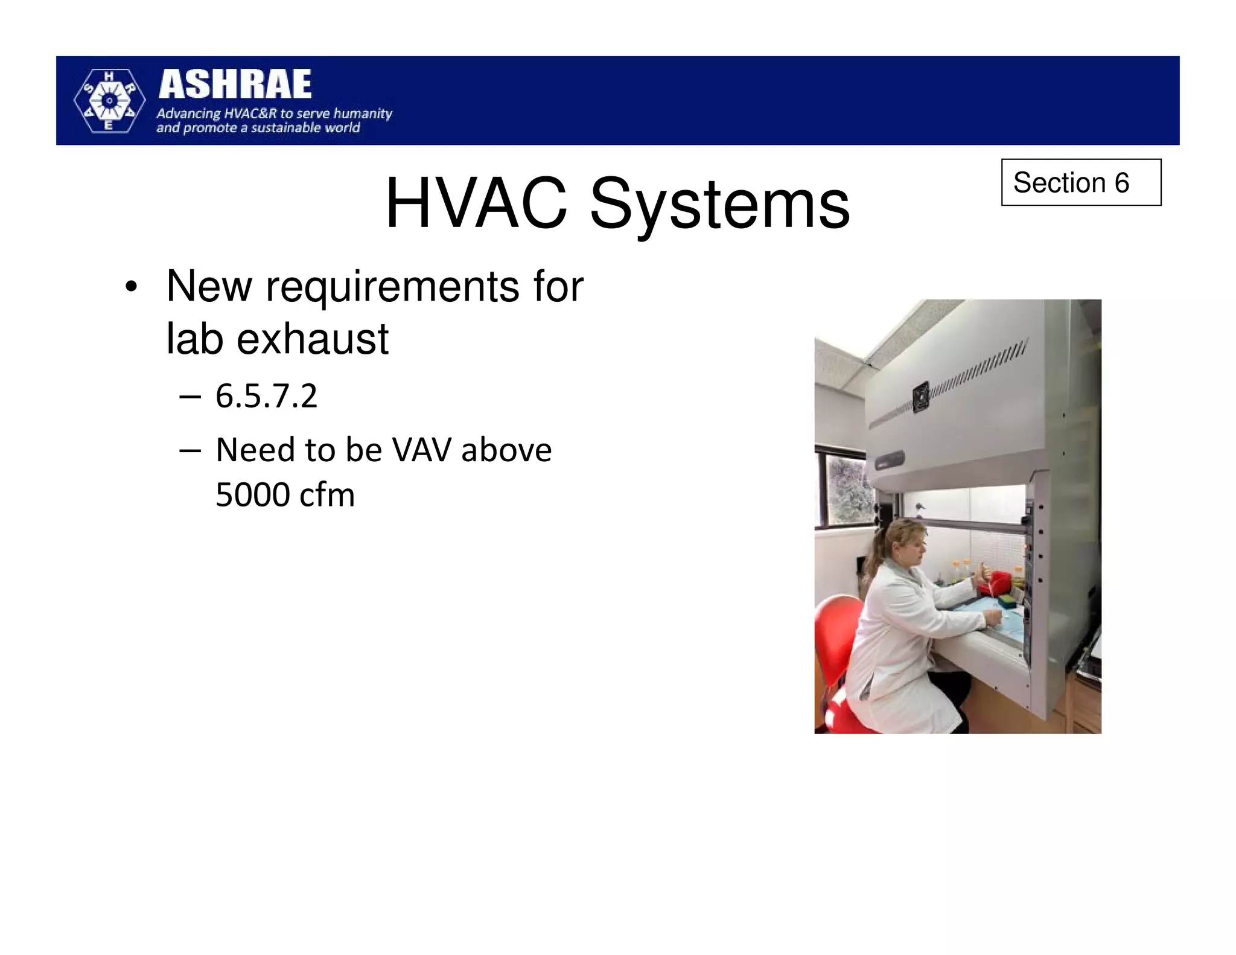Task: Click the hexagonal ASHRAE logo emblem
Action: [109, 101]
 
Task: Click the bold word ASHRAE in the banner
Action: [235, 85]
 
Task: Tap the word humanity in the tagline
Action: [363, 113]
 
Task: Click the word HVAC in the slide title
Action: [476, 203]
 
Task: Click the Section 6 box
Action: [1080, 182]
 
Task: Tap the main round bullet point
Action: [131, 287]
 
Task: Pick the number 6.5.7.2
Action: [266, 397]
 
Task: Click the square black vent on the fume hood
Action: [920, 397]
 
